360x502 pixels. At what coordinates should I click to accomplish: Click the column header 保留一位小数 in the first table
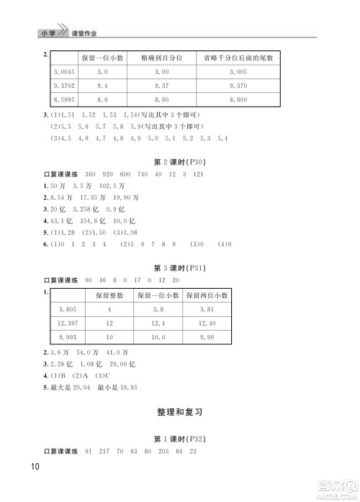pos(101,57)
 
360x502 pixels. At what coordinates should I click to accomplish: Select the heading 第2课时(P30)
pos(180,162)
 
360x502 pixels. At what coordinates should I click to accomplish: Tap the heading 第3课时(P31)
pos(180,268)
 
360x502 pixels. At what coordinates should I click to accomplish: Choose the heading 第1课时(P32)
pos(180,439)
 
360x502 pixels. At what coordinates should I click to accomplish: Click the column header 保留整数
pos(109,295)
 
